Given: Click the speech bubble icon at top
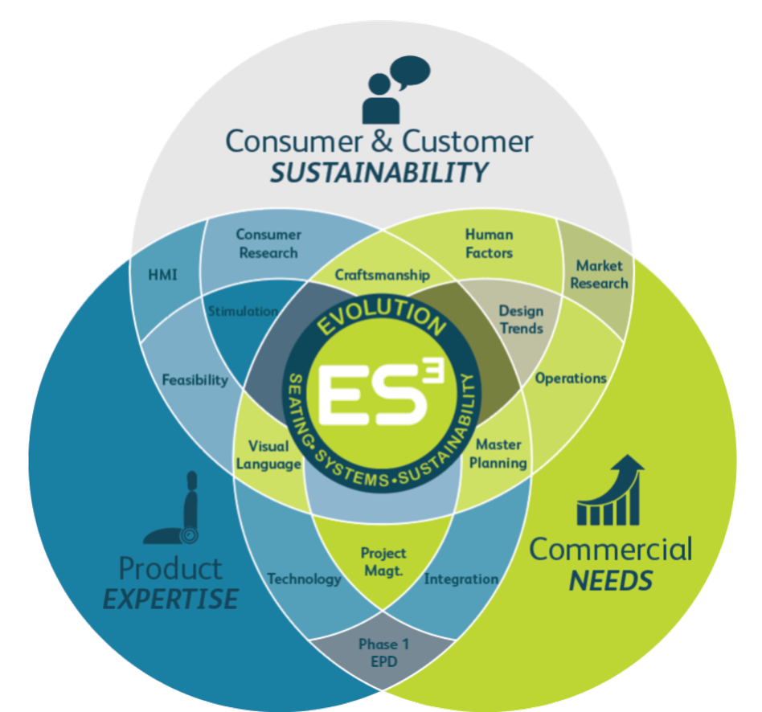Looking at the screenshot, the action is tap(410, 73).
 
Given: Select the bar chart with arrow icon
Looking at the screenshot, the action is tap(610, 490).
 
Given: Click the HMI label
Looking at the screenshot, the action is tap(162, 275).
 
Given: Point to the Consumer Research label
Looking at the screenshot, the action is tap(268, 243).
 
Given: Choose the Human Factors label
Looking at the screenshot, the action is tap(489, 243).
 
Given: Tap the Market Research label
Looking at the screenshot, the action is tap(599, 274).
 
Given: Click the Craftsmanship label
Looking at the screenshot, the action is tap(383, 275).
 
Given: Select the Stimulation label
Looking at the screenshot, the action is tap(243, 311).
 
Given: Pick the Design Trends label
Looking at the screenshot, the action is tap(521, 320).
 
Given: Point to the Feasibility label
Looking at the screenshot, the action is tap(195, 379).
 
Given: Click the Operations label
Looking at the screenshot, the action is tap(571, 379).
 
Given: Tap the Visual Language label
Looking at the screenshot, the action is tap(268, 455).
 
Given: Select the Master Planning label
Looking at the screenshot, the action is tap(498, 453).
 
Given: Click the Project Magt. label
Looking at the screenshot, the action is tap(383, 562).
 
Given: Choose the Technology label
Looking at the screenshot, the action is tap(304, 579).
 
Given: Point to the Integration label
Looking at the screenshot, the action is tap(461, 579).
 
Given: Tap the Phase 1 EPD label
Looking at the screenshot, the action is tap(383, 653).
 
